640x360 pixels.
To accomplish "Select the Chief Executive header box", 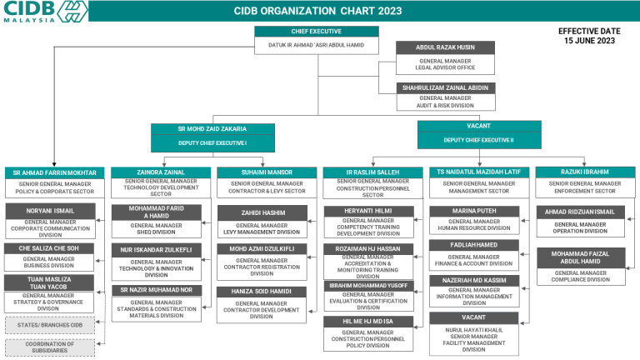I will coord(316,31).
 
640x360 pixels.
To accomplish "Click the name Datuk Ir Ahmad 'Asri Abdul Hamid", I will coord(316,45).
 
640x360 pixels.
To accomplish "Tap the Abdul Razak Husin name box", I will coord(445,47).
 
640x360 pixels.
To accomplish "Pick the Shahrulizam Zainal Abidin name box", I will coord(445,87).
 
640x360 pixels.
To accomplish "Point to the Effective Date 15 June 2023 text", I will coord(589,35).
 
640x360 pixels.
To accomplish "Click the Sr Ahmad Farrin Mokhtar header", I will coord(55,172).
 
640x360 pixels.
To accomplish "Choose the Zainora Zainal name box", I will coord(161,172).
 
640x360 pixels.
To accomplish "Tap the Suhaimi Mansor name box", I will coord(267,172).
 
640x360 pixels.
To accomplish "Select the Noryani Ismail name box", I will coord(52,211).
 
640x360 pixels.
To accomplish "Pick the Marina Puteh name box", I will coord(474,211).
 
